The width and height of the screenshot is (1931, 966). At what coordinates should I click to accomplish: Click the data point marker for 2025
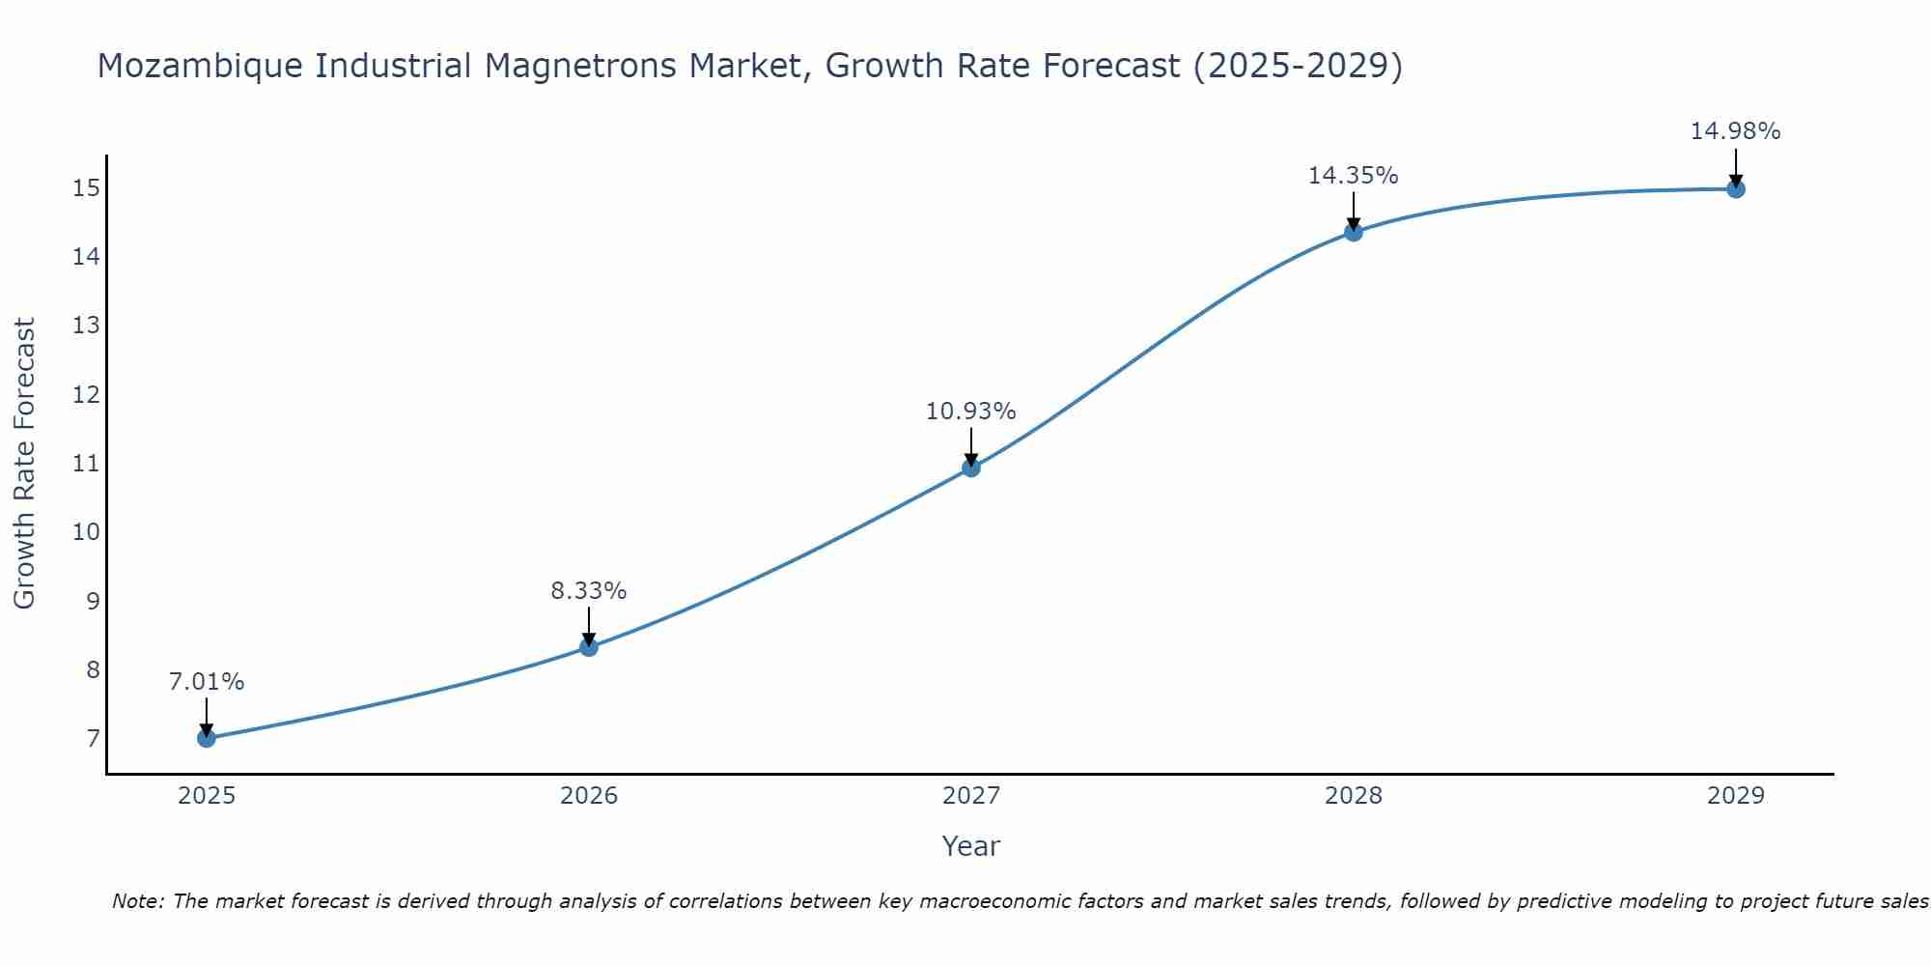pyautogui.click(x=207, y=738)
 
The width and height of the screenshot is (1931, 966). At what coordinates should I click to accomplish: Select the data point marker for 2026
pyautogui.click(x=589, y=647)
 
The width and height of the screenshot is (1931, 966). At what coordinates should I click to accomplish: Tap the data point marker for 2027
pyautogui.click(x=971, y=468)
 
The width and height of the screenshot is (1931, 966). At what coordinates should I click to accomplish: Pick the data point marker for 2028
pyautogui.click(x=1354, y=232)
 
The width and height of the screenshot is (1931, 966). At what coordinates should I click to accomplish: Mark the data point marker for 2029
pyautogui.click(x=1736, y=189)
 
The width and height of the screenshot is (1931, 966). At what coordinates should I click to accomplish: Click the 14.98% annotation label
pyautogui.click(x=1735, y=131)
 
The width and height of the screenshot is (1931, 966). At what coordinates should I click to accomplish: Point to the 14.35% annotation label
pyautogui.click(x=1353, y=176)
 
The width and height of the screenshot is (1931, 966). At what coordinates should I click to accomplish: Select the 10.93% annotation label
pyautogui.click(x=970, y=412)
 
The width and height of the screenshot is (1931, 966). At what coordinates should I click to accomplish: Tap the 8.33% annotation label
pyautogui.click(x=588, y=591)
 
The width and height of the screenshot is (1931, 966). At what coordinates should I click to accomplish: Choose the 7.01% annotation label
pyautogui.click(x=206, y=682)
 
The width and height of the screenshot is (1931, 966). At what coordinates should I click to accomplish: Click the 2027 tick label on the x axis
pyautogui.click(x=971, y=796)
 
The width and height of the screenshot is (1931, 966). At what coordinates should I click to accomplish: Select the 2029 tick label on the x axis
pyautogui.click(x=1736, y=796)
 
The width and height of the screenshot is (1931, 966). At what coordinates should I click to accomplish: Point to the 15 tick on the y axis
pyautogui.click(x=86, y=187)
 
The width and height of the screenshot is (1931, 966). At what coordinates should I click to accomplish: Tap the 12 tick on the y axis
pyautogui.click(x=86, y=394)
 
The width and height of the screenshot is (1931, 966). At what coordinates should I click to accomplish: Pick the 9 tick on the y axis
pyautogui.click(x=93, y=601)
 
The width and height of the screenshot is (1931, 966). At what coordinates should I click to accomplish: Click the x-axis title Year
pyautogui.click(x=970, y=846)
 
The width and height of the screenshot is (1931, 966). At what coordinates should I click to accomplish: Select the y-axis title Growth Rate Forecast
pyautogui.click(x=25, y=464)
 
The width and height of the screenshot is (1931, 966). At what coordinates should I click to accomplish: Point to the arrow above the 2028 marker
pyautogui.click(x=1354, y=211)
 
